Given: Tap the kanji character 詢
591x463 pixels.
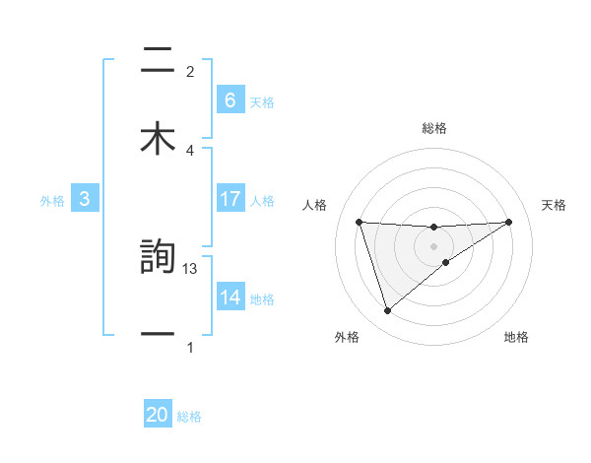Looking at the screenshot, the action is pos(158,258).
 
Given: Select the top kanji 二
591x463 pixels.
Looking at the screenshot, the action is pos(158,61).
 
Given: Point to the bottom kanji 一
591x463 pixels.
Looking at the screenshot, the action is pos(158,335).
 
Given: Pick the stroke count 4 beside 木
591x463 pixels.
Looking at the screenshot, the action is pos(190,150).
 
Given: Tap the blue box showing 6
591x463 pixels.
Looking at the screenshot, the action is pos(230,100).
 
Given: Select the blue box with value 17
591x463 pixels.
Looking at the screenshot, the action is pos(230,199).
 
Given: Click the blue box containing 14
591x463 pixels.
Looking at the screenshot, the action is pos(230,298).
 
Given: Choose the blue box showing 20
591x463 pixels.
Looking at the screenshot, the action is pos(158,416).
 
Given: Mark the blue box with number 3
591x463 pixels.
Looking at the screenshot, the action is pos(85,199).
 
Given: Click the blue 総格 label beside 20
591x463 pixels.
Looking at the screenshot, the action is pos(189,417).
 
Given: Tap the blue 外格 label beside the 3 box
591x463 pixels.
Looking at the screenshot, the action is pos(52,200).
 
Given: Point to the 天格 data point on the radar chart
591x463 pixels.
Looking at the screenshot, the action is pos(508,222).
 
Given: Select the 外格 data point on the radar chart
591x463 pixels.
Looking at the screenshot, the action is pos(387,311).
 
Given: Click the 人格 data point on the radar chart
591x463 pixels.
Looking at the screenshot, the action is pos(360,222).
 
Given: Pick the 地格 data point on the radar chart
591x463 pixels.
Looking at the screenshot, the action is pos(446,262).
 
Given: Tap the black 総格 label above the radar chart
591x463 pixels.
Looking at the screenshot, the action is pos(433,128).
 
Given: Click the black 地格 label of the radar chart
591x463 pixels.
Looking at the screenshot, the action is pos(516,338).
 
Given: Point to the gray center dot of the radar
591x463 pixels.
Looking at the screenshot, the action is pos(433,245).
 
